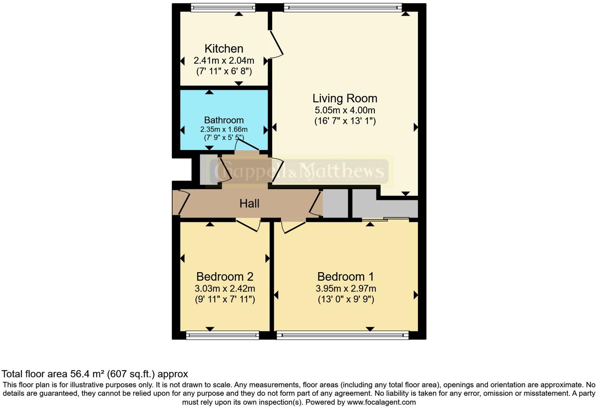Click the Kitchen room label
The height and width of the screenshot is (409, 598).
[x=224, y=49]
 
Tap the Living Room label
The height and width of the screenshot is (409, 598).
[x=345, y=98]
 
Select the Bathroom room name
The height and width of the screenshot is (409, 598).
[x=223, y=120]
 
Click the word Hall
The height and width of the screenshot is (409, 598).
[x=249, y=203]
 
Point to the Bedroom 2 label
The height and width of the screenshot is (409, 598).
[x=225, y=276]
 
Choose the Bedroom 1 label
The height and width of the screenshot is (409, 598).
[x=345, y=276]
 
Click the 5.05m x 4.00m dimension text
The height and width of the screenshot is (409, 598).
[x=345, y=110]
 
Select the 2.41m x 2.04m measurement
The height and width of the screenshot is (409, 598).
[x=224, y=61]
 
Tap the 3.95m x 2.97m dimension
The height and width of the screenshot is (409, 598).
[x=345, y=288]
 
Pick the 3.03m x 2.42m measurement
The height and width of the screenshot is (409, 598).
[x=225, y=288]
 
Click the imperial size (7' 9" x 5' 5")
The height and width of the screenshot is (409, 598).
[x=223, y=138]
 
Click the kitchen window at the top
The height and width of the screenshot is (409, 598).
[x=223, y=7]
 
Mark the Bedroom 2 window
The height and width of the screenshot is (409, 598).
[x=222, y=335]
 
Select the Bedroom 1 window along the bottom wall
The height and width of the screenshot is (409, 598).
[x=342, y=335]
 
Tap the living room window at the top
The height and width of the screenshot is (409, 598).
[x=342, y=7]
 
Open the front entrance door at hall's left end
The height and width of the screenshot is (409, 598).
[x=180, y=203]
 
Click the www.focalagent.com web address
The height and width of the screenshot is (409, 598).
[x=381, y=402]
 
